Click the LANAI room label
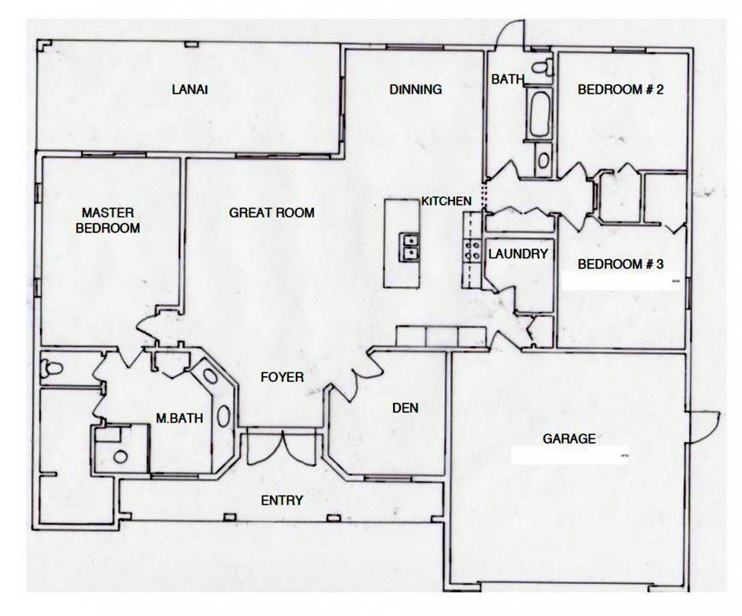pos(190,89)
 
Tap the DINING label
pos(416,89)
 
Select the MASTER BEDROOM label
pos(108,221)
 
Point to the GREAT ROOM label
pos(272,213)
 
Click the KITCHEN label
pos(447,201)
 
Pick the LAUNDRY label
pos(518,254)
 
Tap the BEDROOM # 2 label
pos(620,89)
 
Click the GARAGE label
pos(569,439)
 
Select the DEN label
pos(406,407)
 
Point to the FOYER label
pos(282,377)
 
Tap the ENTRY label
pos(282,500)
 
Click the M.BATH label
pos(180,418)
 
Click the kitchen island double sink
pos(409,246)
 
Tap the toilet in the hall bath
pos(542,67)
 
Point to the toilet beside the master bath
pos(51,367)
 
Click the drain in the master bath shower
pos(120,456)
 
